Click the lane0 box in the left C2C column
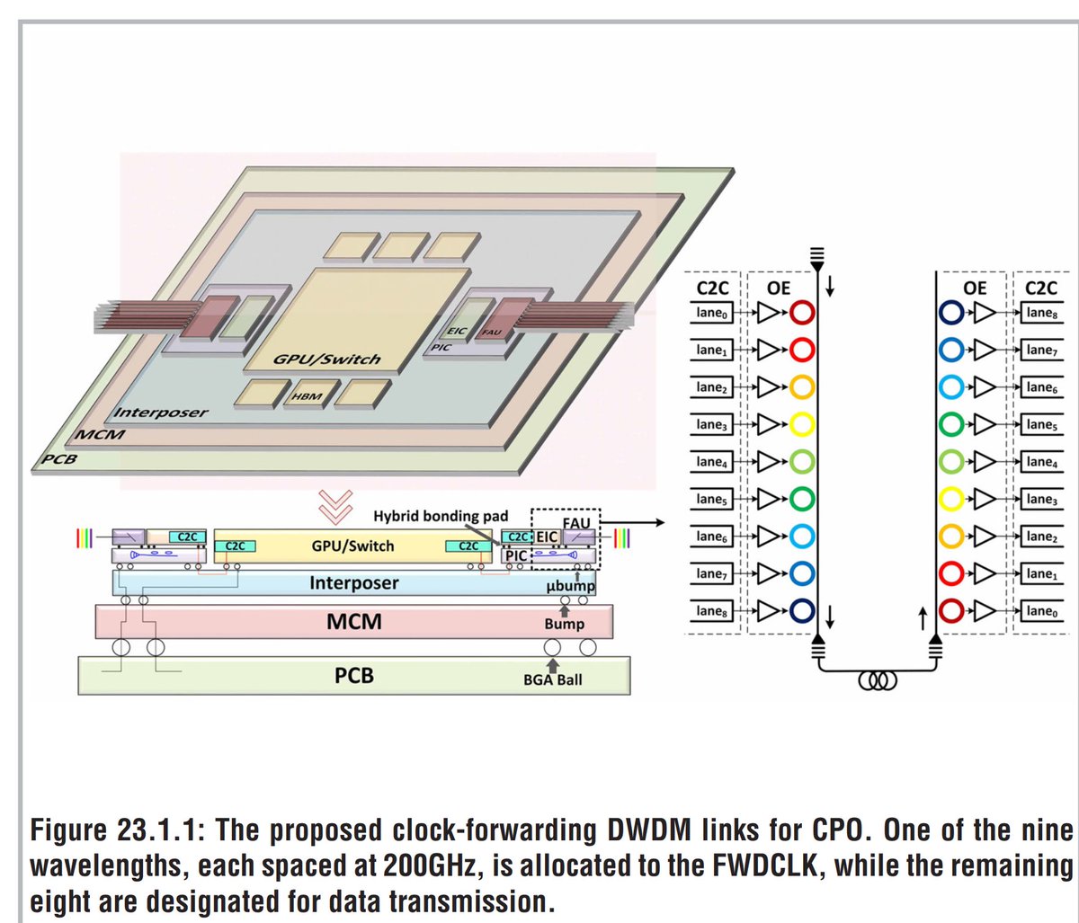(710, 313)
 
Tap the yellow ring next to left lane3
(802, 423)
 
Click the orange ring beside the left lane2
(802, 386)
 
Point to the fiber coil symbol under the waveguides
(878, 680)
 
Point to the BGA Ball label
(552, 679)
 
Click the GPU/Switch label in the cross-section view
(352, 546)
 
